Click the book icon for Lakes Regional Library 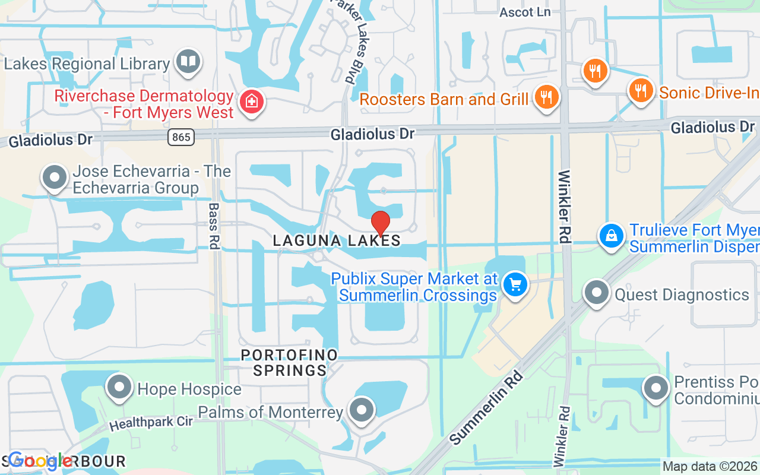[x=189, y=61]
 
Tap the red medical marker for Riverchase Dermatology [x=251, y=102]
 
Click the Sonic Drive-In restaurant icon [x=639, y=90]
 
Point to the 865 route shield [x=180, y=138]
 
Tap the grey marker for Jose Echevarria [x=55, y=177]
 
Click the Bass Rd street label [x=214, y=226]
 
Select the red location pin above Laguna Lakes [x=380, y=224]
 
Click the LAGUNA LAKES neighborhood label [x=337, y=240]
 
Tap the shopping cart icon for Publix [x=515, y=284]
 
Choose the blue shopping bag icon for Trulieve [x=611, y=236]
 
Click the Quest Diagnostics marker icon [x=596, y=293]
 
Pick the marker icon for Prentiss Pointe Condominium [x=656, y=388]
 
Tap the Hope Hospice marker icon [x=119, y=387]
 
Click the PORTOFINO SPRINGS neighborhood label [x=289, y=363]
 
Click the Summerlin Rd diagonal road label [x=486, y=408]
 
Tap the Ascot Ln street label [x=525, y=12]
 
